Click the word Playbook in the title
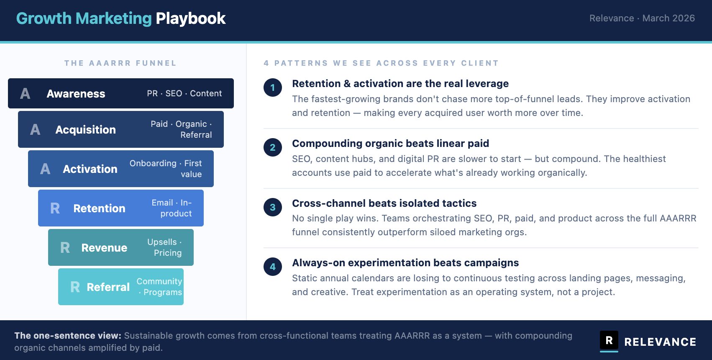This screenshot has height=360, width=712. [191, 18]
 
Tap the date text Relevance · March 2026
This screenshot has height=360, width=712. [642, 18]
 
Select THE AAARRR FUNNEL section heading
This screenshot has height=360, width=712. [120, 63]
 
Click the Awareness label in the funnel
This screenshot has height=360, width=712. [76, 93]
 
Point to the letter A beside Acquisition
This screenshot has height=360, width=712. [35, 129]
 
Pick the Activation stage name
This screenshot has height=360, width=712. [90, 169]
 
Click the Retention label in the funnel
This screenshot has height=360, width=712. [100, 208]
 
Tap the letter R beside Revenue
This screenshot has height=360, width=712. [65, 247]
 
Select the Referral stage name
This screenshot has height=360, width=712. [108, 287]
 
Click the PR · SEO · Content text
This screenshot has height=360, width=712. [184, 93]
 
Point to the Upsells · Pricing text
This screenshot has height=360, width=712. [165, 247]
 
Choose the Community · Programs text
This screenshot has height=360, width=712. [159, 287]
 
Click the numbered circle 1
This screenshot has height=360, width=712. [273, 87]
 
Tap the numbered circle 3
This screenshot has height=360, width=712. [273, 207]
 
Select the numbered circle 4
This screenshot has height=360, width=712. [273, 267]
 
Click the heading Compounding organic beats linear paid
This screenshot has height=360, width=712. [391, 144]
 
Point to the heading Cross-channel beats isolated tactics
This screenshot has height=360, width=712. [384, 203]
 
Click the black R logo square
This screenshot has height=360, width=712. [609, 340]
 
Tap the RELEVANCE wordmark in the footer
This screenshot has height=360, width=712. [660, 342]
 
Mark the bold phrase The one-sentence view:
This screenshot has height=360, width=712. [68, 336]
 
